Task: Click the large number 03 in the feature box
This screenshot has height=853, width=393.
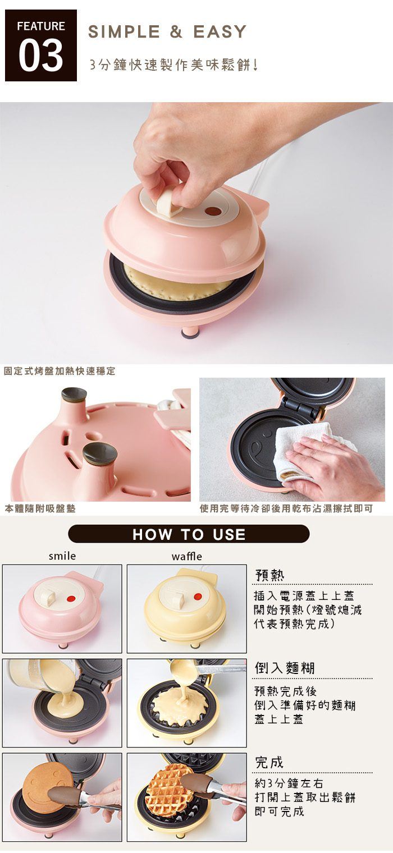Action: [41, 56]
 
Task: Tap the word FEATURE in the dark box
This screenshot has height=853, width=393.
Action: [41, 26]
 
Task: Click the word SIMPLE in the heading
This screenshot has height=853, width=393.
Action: [124, 31]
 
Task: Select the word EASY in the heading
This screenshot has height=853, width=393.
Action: [220, 31]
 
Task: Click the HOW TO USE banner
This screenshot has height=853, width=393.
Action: [189, 534]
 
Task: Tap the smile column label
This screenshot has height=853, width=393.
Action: [62, 556]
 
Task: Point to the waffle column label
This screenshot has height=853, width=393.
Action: [186, 556]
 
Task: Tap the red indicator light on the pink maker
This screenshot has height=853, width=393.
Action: [70, 599]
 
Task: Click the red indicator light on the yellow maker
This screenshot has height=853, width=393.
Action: [196, 597]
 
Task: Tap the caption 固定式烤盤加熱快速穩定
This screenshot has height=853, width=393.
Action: [60, 370]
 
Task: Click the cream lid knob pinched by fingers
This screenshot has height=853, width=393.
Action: [167, 204]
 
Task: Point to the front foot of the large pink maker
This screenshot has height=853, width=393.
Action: [189, 332]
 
